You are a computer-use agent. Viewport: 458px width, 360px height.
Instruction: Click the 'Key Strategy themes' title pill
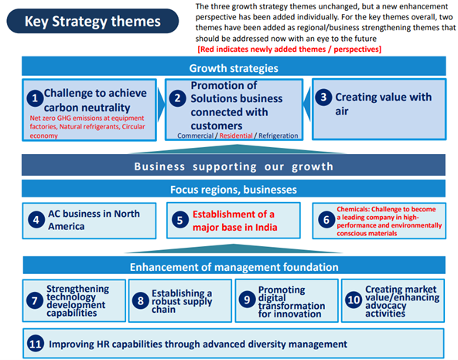(x=93, y=21)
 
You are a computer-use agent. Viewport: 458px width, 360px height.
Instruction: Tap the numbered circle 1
(x=35, y=98)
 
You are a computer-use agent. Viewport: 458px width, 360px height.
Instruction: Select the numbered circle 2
(x=177, y=98)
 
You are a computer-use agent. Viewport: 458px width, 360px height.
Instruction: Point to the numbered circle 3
(x=323, y=97)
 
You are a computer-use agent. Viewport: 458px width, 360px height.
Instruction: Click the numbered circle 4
(x=36, y=219)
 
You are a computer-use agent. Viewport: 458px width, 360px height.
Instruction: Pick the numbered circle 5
(x=180, y=220)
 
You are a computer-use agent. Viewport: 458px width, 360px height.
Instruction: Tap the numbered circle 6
(x=326, y=220)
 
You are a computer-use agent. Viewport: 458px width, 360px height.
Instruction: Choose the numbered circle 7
(x=35, y=300)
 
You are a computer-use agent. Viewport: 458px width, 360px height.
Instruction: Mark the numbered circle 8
(x=141, y=300)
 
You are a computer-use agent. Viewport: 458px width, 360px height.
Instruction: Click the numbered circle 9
(x=247, y=300)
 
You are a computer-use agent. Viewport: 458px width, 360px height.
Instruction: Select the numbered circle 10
(x=354, y=300)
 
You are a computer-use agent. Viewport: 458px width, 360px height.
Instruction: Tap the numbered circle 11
(x=36, y=344)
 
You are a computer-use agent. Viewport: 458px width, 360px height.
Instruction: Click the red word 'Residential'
(x=236, y=135)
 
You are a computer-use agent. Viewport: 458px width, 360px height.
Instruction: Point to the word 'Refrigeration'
(x=279, y=135)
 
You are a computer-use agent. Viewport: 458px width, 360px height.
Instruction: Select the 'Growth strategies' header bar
(x=234, y=67)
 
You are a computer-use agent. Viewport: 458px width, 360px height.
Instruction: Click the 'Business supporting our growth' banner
(x=234, y=165)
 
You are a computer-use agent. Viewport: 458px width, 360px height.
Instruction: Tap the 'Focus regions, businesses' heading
(x=234, y=189)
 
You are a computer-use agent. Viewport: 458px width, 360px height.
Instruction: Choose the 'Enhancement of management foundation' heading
(x=234, y=266)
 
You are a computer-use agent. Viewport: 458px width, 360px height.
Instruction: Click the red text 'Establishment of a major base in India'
(x=235, y=221)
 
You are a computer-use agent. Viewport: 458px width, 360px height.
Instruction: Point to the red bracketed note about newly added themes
(x=289, y=49)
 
